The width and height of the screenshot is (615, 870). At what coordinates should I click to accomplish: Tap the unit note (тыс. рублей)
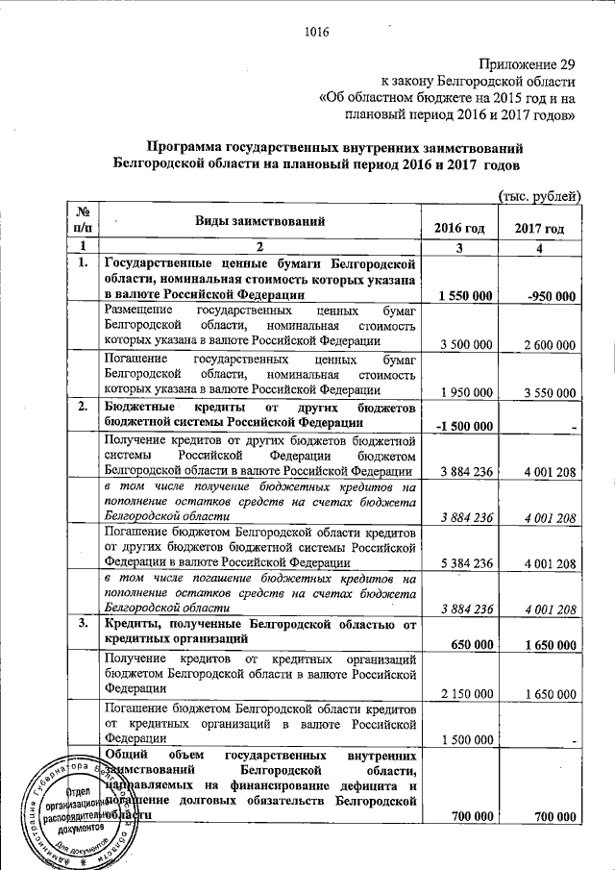click(538, 196)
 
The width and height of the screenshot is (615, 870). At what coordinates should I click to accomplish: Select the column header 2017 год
click(539, 230)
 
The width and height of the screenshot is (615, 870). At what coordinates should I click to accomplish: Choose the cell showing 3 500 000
click(465, 344)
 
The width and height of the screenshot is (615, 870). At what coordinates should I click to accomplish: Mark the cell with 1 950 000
click(465, 392)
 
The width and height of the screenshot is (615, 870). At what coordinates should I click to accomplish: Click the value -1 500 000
click(464, 427)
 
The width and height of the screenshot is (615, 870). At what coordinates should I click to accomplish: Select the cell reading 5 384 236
click(465, 562)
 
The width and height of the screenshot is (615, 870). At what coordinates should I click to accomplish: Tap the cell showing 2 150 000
click(465, 693)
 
